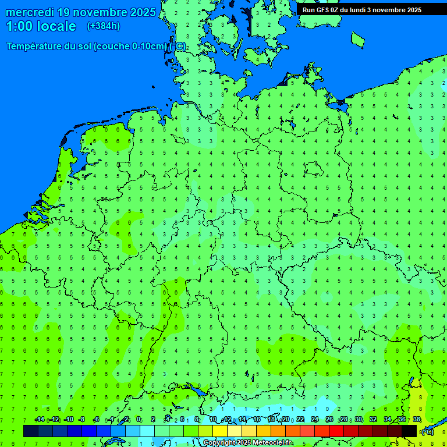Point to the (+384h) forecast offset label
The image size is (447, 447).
point(103,26)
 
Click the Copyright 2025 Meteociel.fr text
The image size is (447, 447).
point(247,443)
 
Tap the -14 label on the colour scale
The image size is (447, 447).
point(40,419)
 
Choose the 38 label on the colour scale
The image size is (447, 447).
point(417,419)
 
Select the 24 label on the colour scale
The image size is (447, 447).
point(315,419)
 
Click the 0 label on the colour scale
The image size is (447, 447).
point(139,419)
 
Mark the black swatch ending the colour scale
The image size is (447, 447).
point(409,431)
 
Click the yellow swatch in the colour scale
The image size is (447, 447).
point(219,431)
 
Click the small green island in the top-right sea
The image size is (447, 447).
point(358,39)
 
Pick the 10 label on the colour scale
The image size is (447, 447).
point(213,419)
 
